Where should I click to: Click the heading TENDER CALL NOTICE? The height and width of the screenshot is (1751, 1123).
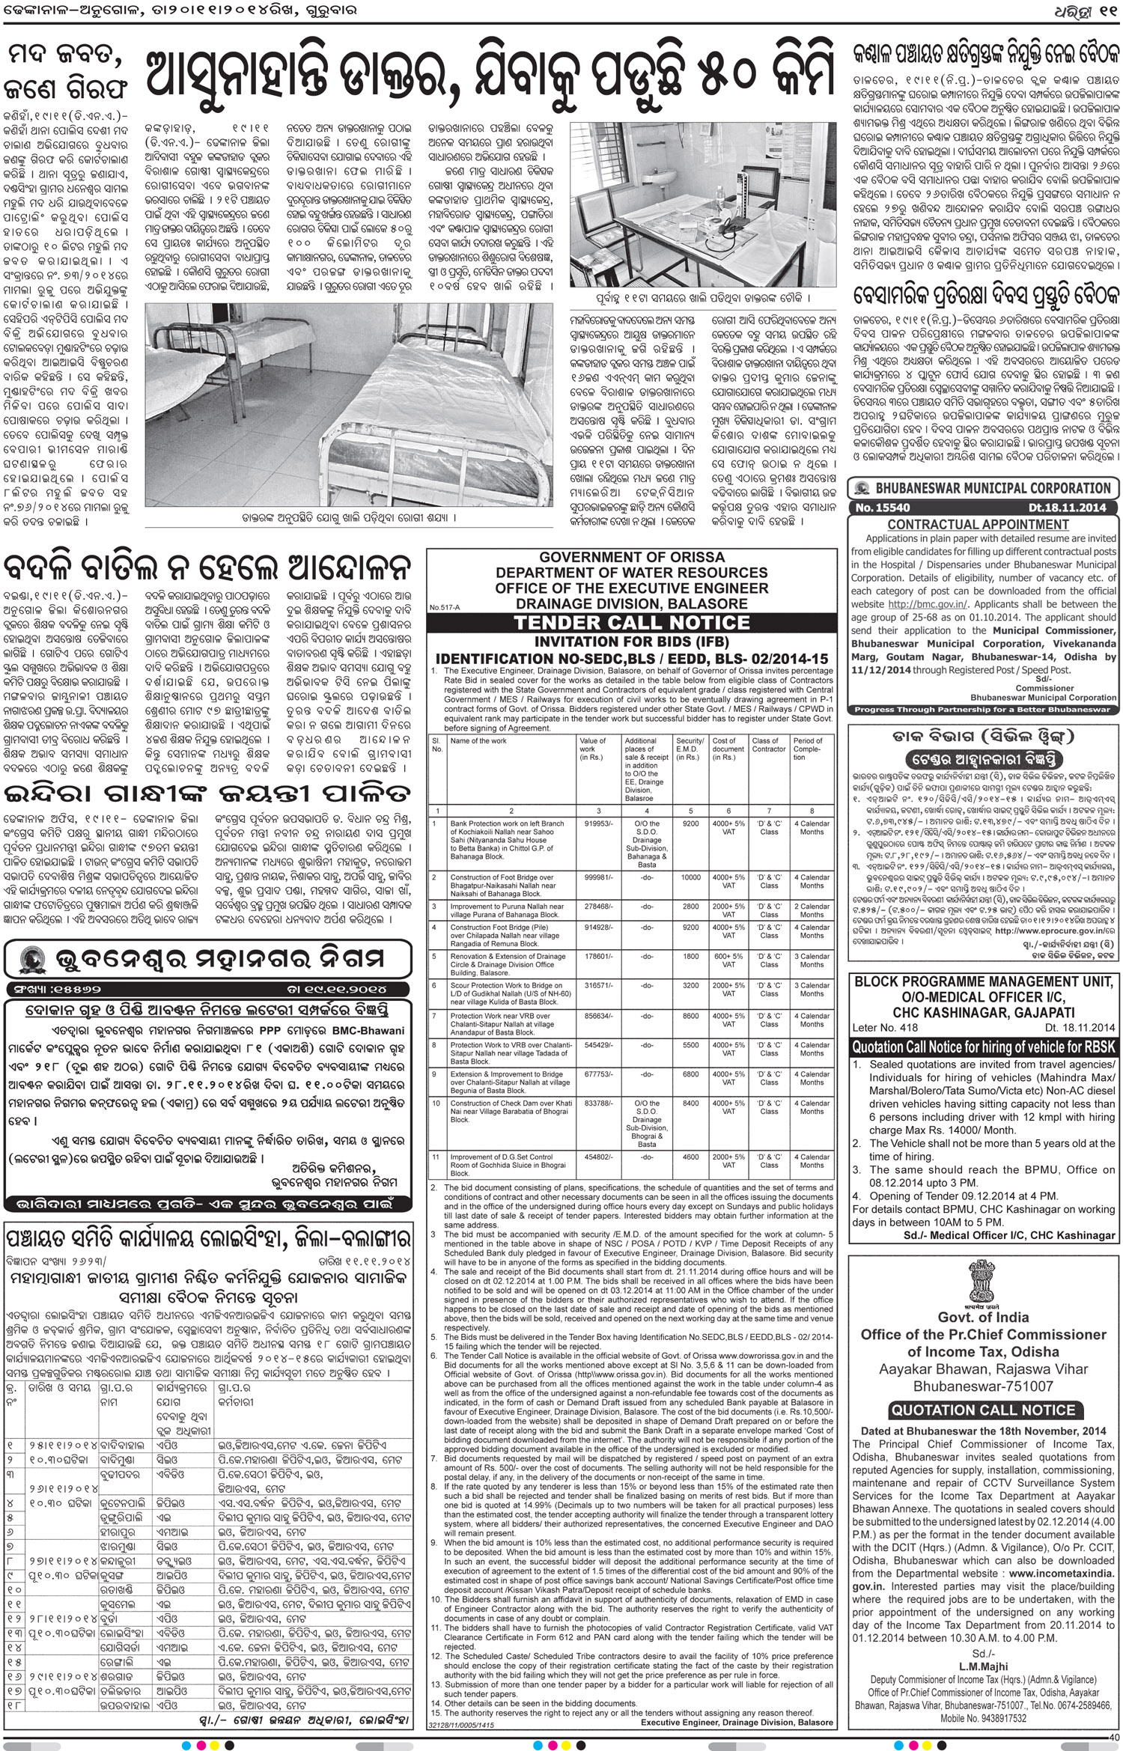point(632,622)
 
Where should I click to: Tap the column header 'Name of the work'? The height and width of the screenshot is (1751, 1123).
point(478,741)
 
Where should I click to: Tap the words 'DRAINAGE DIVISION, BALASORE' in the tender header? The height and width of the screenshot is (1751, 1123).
point(632,603)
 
